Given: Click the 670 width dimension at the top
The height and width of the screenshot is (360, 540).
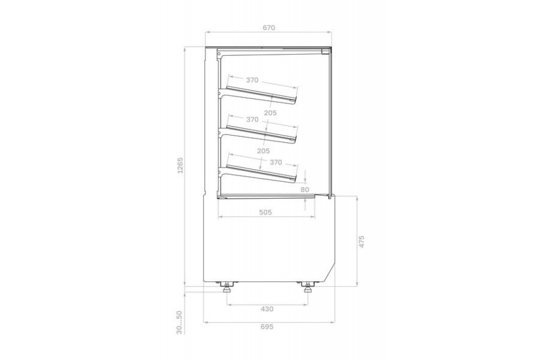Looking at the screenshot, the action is pos(269,28).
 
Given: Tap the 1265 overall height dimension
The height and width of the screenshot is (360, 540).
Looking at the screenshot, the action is pos(180,166).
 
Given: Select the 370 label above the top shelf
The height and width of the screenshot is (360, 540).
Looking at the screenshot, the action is pos(252,80).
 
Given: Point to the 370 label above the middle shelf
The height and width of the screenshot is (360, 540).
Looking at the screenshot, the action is pos(252,120).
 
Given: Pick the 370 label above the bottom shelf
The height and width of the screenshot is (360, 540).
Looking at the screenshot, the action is pos(276,162).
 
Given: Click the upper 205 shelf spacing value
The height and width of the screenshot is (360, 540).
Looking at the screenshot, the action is pos(270,113).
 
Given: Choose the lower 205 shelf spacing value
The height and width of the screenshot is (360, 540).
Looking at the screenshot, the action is pos(263,151).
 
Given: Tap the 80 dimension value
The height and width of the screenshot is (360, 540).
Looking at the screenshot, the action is pos(305,190).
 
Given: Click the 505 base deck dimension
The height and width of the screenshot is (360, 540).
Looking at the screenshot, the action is pos(265,212).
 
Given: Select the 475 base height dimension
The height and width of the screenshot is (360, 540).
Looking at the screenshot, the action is pos(362,242).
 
